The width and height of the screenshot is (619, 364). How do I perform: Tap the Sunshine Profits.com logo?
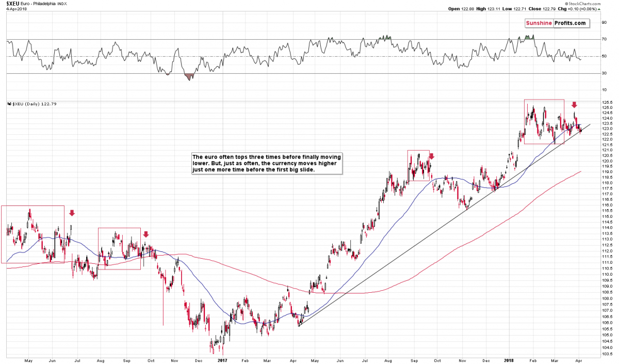tap(556, 23)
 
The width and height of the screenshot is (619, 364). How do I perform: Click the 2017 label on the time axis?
tap(222, 360)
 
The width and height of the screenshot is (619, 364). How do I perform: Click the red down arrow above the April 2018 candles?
tap(574, 105)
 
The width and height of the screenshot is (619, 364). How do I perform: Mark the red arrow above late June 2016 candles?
tap(72, 213)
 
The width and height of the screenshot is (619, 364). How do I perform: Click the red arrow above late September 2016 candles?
tap(146, 234)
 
